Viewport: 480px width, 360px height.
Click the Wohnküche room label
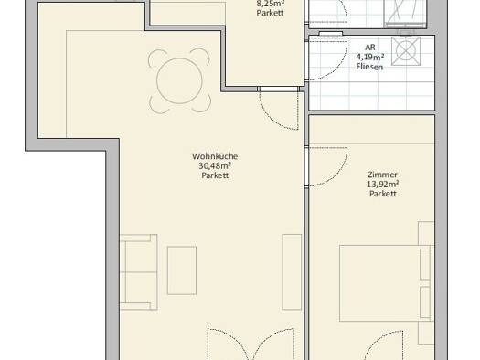click(215, 156)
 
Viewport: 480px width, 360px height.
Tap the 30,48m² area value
click(215, 165)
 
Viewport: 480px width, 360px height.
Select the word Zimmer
click(383, 175)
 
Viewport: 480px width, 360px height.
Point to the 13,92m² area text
click(383, 185)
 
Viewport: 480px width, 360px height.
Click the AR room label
click(370, 48)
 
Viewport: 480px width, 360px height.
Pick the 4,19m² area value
click(370, 57)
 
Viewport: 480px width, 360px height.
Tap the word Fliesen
click(369, 67)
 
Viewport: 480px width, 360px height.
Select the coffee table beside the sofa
click(182, 270)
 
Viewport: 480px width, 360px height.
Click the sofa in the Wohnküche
click(139, 272)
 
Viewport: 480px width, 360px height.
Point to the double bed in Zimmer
click(387, 283)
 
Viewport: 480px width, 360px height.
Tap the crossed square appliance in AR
click(406, 51)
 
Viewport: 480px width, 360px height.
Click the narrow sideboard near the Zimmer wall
click(292, 272)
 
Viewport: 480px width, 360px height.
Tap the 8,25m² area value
click(271, 4)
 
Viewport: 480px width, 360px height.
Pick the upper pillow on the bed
click(425, 264)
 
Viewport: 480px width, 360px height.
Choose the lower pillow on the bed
click(425, 302)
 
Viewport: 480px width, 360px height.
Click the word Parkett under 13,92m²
click(383, 194)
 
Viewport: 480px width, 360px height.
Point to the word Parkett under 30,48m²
click(215, 175)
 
